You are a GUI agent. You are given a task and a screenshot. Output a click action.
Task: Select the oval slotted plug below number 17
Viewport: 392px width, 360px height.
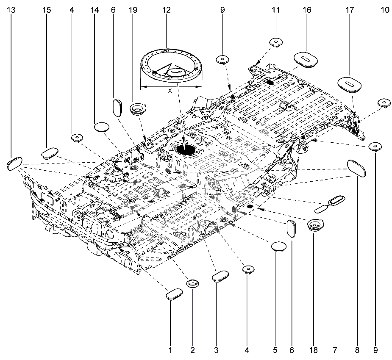point(349,83)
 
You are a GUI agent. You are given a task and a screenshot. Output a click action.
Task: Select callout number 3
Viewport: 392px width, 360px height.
point(216,350)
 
